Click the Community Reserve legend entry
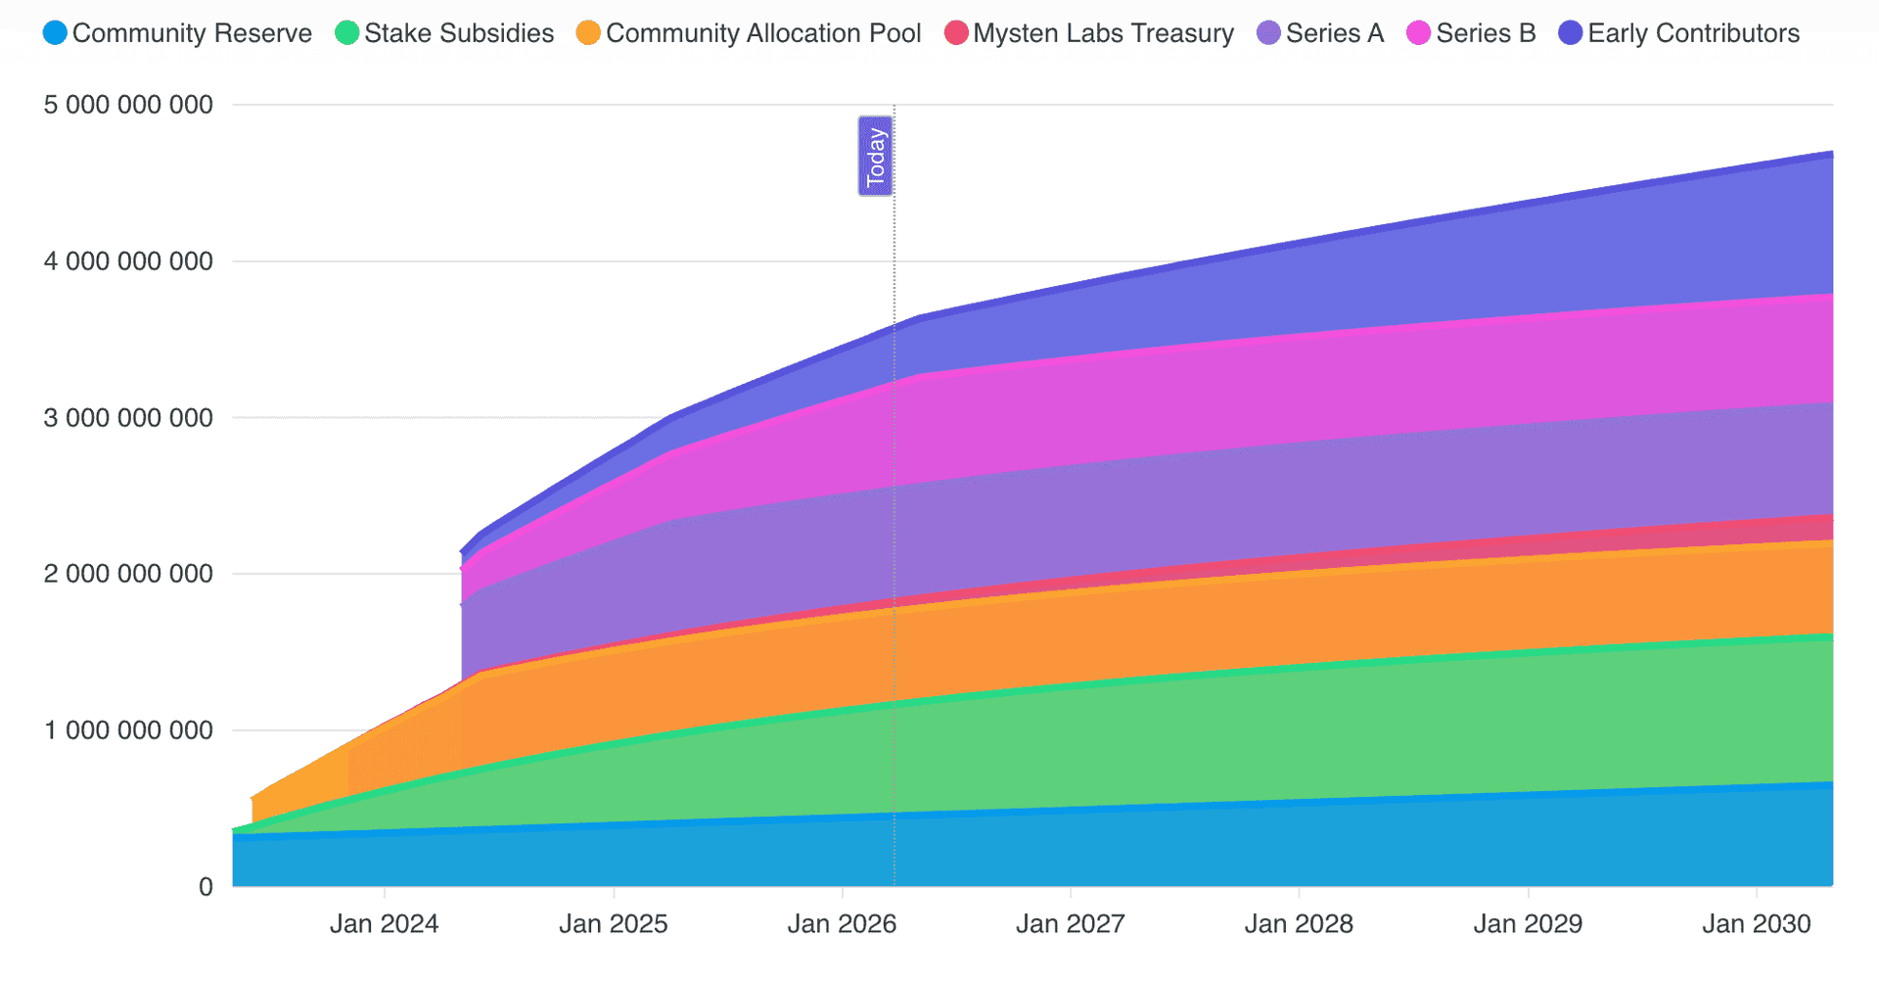tap(178, 33)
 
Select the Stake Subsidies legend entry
tap(445, 33)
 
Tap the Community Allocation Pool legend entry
tap(750, 33)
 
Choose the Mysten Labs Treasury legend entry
tap(1089, 33)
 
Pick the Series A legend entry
tap(1320, 33)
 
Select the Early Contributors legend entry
tap(1679, 33)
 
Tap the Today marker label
tap(876, 157)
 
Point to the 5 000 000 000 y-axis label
tap(128, 105)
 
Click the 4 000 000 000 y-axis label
tap(128, 261)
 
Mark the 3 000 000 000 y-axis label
tap(128, 418)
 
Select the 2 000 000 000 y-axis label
tap(128, 574)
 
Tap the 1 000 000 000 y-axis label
tap(128, 730)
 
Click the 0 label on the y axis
tap(206, 887)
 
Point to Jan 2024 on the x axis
tap(384, 924)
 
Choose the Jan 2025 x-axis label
tap(613, 924)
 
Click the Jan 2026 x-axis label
tap(842, 924)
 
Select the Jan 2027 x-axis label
tap(1070, 924)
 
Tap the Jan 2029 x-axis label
tap(1528, 924)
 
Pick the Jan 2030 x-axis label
tap(1756, 924)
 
